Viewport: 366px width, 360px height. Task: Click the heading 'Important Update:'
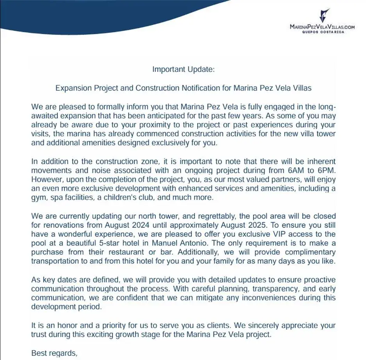(x=183, y=70)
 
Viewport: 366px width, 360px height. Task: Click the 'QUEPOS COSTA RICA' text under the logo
(x=323, y=32)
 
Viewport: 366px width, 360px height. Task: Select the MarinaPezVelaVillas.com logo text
(x=322, y=27)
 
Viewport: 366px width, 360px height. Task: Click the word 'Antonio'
(x=199, y=243)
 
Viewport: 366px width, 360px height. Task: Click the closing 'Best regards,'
(x=54, y=353)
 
